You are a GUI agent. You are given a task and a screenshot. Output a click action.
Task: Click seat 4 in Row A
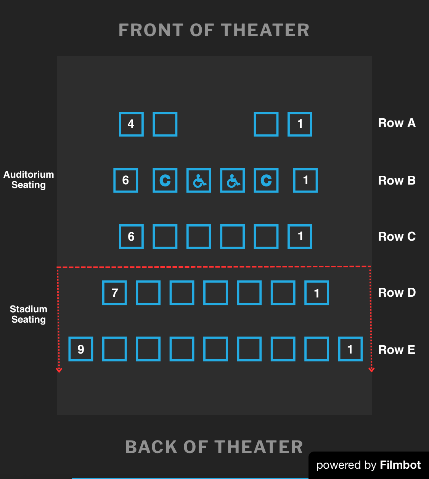pyautogui.click(x=131, y=124)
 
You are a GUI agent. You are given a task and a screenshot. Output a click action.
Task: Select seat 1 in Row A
pyautogui.click(x=300, y=124)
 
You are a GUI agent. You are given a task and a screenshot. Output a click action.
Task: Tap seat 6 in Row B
pyautogui.click(x=125, y=180)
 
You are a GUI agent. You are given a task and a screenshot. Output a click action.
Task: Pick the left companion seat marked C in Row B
pyautogui.click(x=165, y=180)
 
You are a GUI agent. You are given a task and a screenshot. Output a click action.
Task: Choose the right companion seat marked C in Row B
pyautogui.click(x=266, y=180)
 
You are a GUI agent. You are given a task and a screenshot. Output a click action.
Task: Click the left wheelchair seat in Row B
pyautogui.click(x=199, y=180)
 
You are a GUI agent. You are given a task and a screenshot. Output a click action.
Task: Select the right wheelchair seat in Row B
pyautogui.click(x=232, y=180)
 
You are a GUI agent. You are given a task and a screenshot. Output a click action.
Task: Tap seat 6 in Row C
pyautogui.click(x=131, y=237)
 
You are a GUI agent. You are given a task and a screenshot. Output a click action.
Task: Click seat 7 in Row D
pyautogui.click(x=114, y=293)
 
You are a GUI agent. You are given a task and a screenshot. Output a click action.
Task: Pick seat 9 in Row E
pyautogui.click(x=81, y=349)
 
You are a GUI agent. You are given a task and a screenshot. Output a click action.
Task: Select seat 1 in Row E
pyautogui.click(x=350, y=349)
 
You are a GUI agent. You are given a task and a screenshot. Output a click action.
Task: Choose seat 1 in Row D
pyautogui.click(x=317, y=293)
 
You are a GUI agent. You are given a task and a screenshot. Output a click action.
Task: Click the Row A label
pyautogui.click(x=397, y=123)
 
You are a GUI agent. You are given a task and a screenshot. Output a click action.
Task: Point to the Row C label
pyautogui.click(x=397, y=237)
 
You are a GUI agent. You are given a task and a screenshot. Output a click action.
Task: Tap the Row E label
pyautogui.click(x=397, y=350)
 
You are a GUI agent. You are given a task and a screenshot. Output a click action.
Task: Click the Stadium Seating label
pyautogui.click(x=29, y=314)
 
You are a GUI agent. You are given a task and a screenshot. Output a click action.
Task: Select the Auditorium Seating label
pyautogui.click(x=29, y=180)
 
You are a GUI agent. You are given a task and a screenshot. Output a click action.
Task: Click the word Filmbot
pyautogui.click(x=400, y=465)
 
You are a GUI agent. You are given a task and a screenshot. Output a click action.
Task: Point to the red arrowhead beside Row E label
pyautogui.click(x=371, y=369)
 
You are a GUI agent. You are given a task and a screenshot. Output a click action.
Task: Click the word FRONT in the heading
pyautogui.click(x=151, y=30)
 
